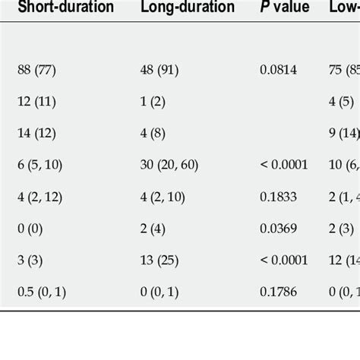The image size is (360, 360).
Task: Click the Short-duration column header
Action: [65, 8]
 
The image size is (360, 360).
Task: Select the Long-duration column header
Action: [188, 8]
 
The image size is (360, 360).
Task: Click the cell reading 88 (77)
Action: [36, 70]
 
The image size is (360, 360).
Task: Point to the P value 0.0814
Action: [278, 70]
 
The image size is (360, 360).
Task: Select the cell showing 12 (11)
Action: [36, 101]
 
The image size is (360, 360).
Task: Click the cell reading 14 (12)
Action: [36, 132]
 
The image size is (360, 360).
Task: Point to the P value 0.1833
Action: [278, 194]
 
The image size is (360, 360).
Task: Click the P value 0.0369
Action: [278, 226]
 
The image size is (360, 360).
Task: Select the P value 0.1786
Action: [278, 288]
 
